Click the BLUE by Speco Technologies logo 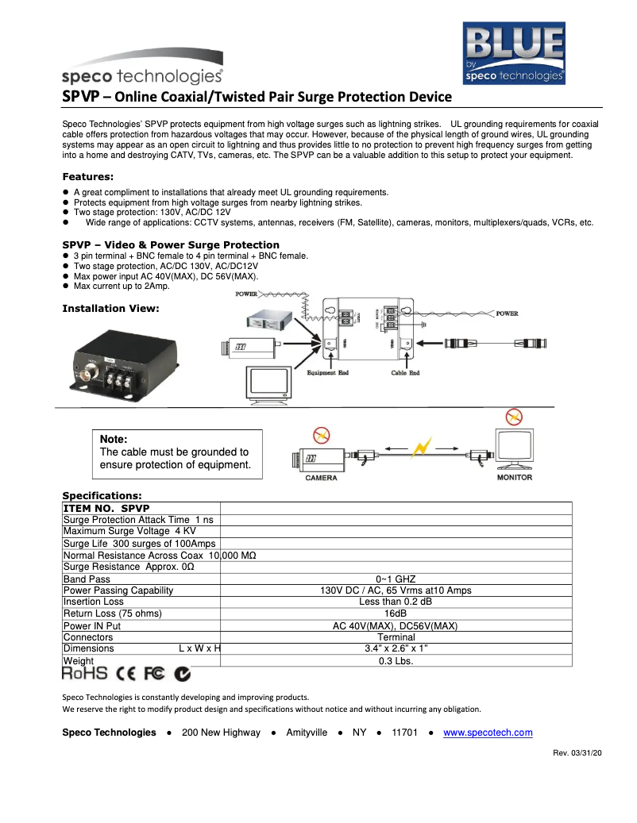(x=514, y=52)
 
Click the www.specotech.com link (x=488, y=733)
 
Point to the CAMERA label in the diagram (x=321, y=478)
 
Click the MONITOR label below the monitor (x=514, y=478)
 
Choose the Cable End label (x=405, y=373)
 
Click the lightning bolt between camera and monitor (x=422, y=448)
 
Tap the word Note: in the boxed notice (x=114, y=439)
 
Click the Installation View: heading (x=110, y=309)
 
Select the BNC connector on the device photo (x=87, y=371)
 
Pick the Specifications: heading (x=102, y=496)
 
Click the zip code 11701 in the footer (x=404, y=733)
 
